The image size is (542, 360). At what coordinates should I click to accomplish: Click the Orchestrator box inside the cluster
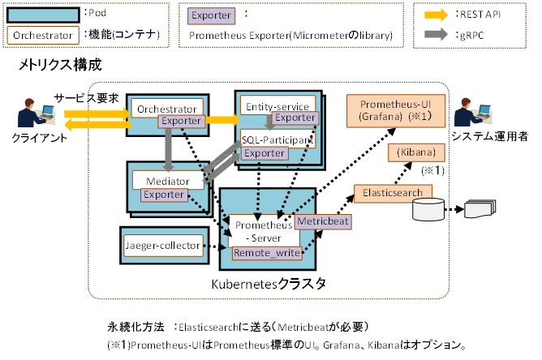coord(166,109)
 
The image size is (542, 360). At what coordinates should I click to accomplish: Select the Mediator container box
coord(166,180)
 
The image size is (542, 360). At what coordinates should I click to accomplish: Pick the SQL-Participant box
coord(277,140)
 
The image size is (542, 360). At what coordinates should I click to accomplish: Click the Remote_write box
coord(267,253)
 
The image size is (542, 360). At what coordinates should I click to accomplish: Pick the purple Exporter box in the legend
coord(212,15)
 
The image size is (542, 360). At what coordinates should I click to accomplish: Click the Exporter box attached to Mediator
coord(166,195)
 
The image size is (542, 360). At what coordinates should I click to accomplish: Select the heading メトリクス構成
coord(61,65)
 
